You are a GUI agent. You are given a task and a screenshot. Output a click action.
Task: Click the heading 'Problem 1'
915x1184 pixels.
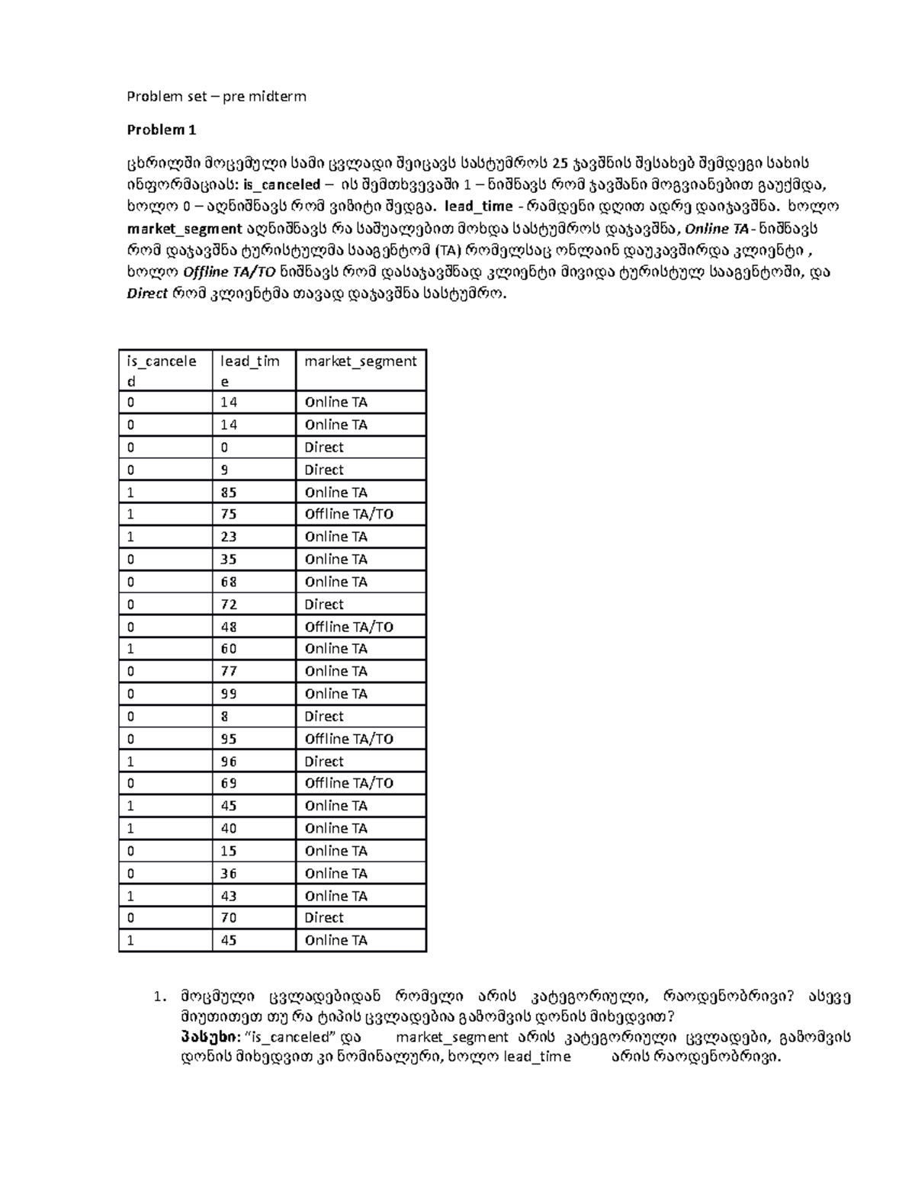tap(161, 130)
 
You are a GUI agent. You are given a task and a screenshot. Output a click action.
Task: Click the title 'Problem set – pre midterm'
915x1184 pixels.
tap(216, 96)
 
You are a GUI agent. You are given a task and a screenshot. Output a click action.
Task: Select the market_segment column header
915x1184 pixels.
tap(360, 361)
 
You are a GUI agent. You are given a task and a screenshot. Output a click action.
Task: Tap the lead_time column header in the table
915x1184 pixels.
tap(249, 371)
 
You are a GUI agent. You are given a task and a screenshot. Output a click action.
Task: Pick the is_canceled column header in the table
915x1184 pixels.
tap(161, 371)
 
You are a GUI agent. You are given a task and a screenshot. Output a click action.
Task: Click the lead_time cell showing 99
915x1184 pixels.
tap(229, 694)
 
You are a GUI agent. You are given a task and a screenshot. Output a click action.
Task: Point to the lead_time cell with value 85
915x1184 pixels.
tap(229, 493)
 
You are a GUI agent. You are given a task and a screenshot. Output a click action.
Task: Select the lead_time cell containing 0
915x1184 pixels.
tap(224, 448)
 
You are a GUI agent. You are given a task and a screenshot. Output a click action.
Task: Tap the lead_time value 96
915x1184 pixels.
tap(229, 761)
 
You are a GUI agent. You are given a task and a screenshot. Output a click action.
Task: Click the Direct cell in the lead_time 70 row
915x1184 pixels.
tap(324, 918)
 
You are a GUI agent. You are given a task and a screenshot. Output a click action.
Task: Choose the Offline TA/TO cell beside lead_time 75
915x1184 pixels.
tap(348, 515)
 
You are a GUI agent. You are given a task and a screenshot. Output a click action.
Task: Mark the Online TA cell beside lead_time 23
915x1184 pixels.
tap(335, 537)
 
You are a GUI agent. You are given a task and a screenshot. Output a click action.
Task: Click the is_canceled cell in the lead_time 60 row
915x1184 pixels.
tap(131, 649)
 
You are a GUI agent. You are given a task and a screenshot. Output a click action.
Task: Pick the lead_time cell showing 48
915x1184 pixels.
tap(229, 627)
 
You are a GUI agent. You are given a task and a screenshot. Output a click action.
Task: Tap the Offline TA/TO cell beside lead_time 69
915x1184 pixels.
tap(348, 783)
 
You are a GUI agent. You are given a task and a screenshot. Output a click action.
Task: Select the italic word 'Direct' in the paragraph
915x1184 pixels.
tap(146, 294)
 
